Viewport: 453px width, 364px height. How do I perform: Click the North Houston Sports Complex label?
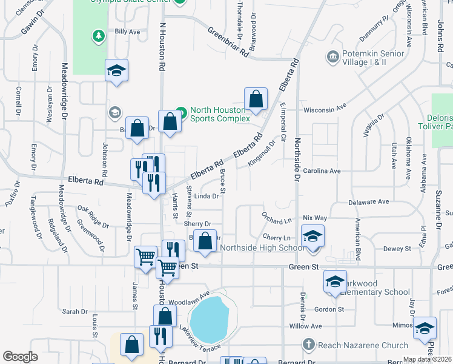tap(220, 114)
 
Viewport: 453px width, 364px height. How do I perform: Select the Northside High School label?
tap(262, 248)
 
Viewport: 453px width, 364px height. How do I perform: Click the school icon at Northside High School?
tap(312, 237)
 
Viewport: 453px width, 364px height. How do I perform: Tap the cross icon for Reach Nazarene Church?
tap(309, 345)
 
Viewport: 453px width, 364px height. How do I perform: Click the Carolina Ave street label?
tap(322, 171)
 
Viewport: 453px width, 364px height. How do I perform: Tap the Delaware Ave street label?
tap(367, 202)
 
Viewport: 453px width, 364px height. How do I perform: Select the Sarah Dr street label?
tap(74, 311)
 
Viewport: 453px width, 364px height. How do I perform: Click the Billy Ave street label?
tap(127, 31)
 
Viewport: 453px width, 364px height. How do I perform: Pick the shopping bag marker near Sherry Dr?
tap(206, 240)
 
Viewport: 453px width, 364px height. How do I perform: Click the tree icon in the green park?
tap(98, 37)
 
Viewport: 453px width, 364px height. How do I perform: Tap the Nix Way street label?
tap(315, 217)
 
